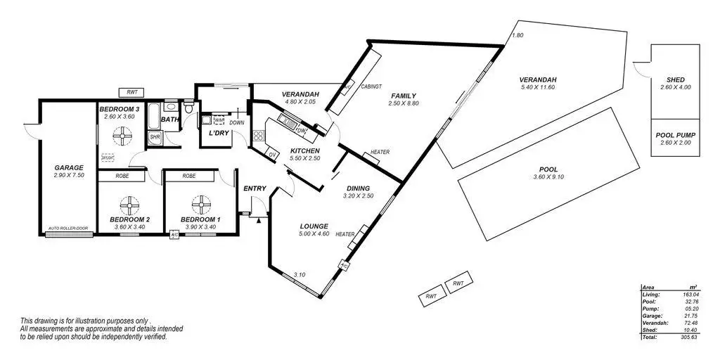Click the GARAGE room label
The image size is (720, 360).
(68, 168)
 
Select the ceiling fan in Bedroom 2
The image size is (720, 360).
(129, 205)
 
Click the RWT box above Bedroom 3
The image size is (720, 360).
(131, 92)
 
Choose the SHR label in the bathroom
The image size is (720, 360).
(155, 138)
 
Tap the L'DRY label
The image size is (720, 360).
(212, 133)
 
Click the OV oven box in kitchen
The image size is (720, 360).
(272, 153)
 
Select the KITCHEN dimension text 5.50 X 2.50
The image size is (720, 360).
(304, 160)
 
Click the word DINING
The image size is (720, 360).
(359, 188)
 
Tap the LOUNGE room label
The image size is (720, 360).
(314, 226)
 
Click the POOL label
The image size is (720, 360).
(548, 169)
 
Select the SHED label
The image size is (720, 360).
(675, 79)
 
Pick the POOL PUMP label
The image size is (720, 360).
(675, 134)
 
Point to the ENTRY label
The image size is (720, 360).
(254, 188)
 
